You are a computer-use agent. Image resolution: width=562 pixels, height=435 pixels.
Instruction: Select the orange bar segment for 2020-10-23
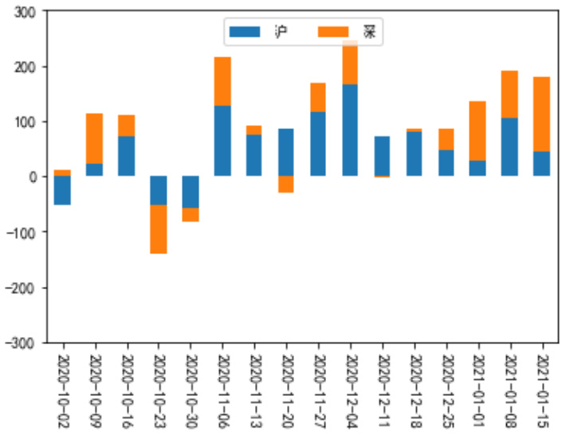(158, 229)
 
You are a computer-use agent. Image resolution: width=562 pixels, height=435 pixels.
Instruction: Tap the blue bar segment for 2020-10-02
(62, 190)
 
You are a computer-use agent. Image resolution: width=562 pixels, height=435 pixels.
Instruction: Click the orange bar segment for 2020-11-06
(222, 81)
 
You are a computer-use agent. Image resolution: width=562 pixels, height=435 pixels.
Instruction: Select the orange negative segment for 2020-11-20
(286, 184)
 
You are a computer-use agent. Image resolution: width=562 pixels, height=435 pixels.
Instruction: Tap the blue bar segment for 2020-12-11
(382, 156)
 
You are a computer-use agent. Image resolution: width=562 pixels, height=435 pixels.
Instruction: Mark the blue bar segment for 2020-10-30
(190, 192)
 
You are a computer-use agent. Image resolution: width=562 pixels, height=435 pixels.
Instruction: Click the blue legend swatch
(245, 32)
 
